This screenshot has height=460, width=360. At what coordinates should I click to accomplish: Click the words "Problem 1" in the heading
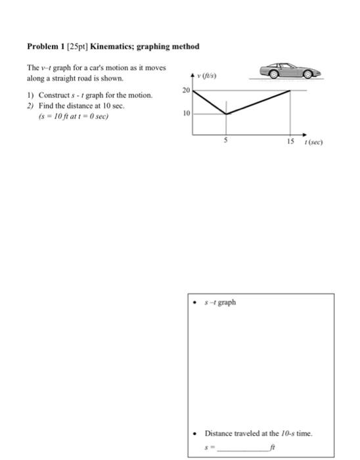[45, 47]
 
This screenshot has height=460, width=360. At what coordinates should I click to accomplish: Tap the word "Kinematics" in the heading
[112, 47]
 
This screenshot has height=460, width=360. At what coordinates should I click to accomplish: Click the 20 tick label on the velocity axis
[186, 89]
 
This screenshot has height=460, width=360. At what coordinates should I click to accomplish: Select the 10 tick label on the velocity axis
[186, 113]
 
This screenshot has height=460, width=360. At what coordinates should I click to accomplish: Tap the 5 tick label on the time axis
[226, 140]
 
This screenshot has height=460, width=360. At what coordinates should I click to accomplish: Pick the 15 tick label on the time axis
[290, 141]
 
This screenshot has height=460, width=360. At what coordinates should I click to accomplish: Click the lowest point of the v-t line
[226, 114]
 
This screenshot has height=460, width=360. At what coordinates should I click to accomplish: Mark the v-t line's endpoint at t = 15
[290, 90]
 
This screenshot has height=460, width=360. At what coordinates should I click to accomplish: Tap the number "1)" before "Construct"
[30, 95]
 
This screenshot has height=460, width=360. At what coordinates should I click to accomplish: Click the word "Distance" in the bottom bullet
[219, 432]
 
